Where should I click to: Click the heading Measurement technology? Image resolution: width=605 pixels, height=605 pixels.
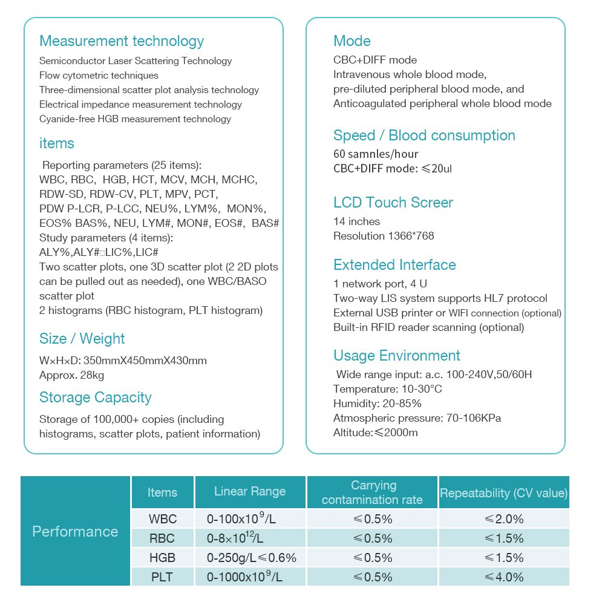tap(122, 41)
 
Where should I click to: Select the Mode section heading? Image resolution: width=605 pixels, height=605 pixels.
tap(352, 41)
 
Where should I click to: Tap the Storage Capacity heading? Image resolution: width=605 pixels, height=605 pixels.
tap(96, 397)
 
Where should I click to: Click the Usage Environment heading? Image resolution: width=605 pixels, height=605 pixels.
tap(397, 356)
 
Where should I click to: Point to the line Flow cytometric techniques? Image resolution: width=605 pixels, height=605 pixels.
tap(99, 76)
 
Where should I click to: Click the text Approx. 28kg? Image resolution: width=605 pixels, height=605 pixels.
tap(72, 375)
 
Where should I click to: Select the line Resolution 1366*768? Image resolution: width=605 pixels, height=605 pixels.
tap(384, 236)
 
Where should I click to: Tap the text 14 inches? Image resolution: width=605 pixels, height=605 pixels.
tap(356, 221)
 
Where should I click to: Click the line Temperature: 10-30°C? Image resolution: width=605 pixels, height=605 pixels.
tap(387, 389)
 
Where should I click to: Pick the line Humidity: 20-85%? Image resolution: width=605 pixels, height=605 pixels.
tap(378, 404)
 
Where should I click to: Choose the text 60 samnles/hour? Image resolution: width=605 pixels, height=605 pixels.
tap(376, 154)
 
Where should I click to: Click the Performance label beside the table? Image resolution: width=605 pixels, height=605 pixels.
tap(75, 532)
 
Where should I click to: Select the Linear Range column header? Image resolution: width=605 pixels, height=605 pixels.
tap(250, 491)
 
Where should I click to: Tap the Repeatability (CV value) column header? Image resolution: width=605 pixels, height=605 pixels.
tap(503, 493)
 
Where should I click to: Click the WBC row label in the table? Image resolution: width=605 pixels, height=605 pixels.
tap(162, 519)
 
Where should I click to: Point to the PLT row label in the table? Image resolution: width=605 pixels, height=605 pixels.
tap(162, 577)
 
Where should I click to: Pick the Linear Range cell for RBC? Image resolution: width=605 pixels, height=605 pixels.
tap(240, 538)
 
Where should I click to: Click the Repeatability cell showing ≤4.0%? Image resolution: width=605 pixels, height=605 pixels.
tap(503, 577)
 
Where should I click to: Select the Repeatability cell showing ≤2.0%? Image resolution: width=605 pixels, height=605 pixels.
tap(503, 519)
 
